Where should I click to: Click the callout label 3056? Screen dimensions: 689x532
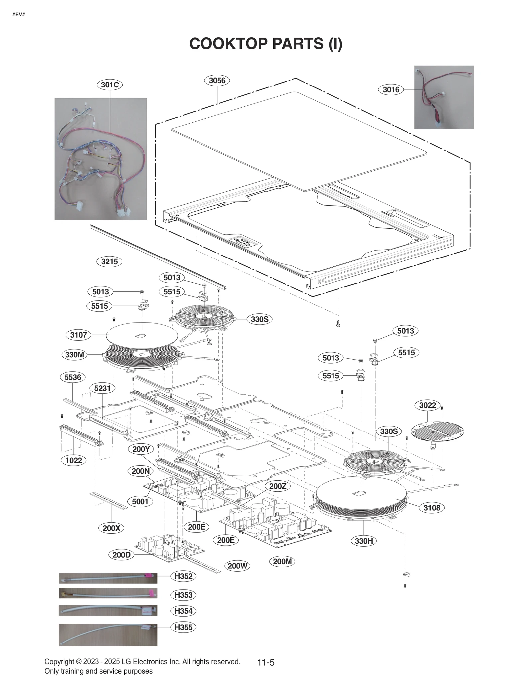(x=217, y=80)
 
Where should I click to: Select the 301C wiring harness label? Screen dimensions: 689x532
(x=110, y=85)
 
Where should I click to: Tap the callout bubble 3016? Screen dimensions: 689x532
(x=391, y=89)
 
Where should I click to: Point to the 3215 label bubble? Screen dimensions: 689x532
(x=109, y=261)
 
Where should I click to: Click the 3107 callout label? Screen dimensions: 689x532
(x=78, y=335)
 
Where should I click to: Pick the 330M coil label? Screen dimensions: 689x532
(x=74, y=355)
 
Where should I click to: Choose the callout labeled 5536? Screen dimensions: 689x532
(x=72, y=377)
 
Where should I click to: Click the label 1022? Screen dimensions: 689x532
(x=73, y=460)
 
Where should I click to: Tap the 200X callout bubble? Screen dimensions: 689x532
(x=111, y=528)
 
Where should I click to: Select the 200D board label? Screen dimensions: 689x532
(x=121, y=555)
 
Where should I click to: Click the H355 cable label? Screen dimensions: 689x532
(x=183, y=627)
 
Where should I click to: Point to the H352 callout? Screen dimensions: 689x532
(x=183, y=576)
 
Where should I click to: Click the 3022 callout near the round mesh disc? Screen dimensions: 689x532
(x=427, y=405)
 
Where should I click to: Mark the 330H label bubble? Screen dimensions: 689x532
(x=364, y=541)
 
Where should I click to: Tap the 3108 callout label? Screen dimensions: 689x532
(x=432, y=508)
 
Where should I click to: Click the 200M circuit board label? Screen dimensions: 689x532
(x=282, y=561)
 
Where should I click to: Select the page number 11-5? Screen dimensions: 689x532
(x=266, y=662)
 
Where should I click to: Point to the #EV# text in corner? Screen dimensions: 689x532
(x=19, y=15)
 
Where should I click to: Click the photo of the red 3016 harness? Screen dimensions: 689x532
(x=444, y=97)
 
